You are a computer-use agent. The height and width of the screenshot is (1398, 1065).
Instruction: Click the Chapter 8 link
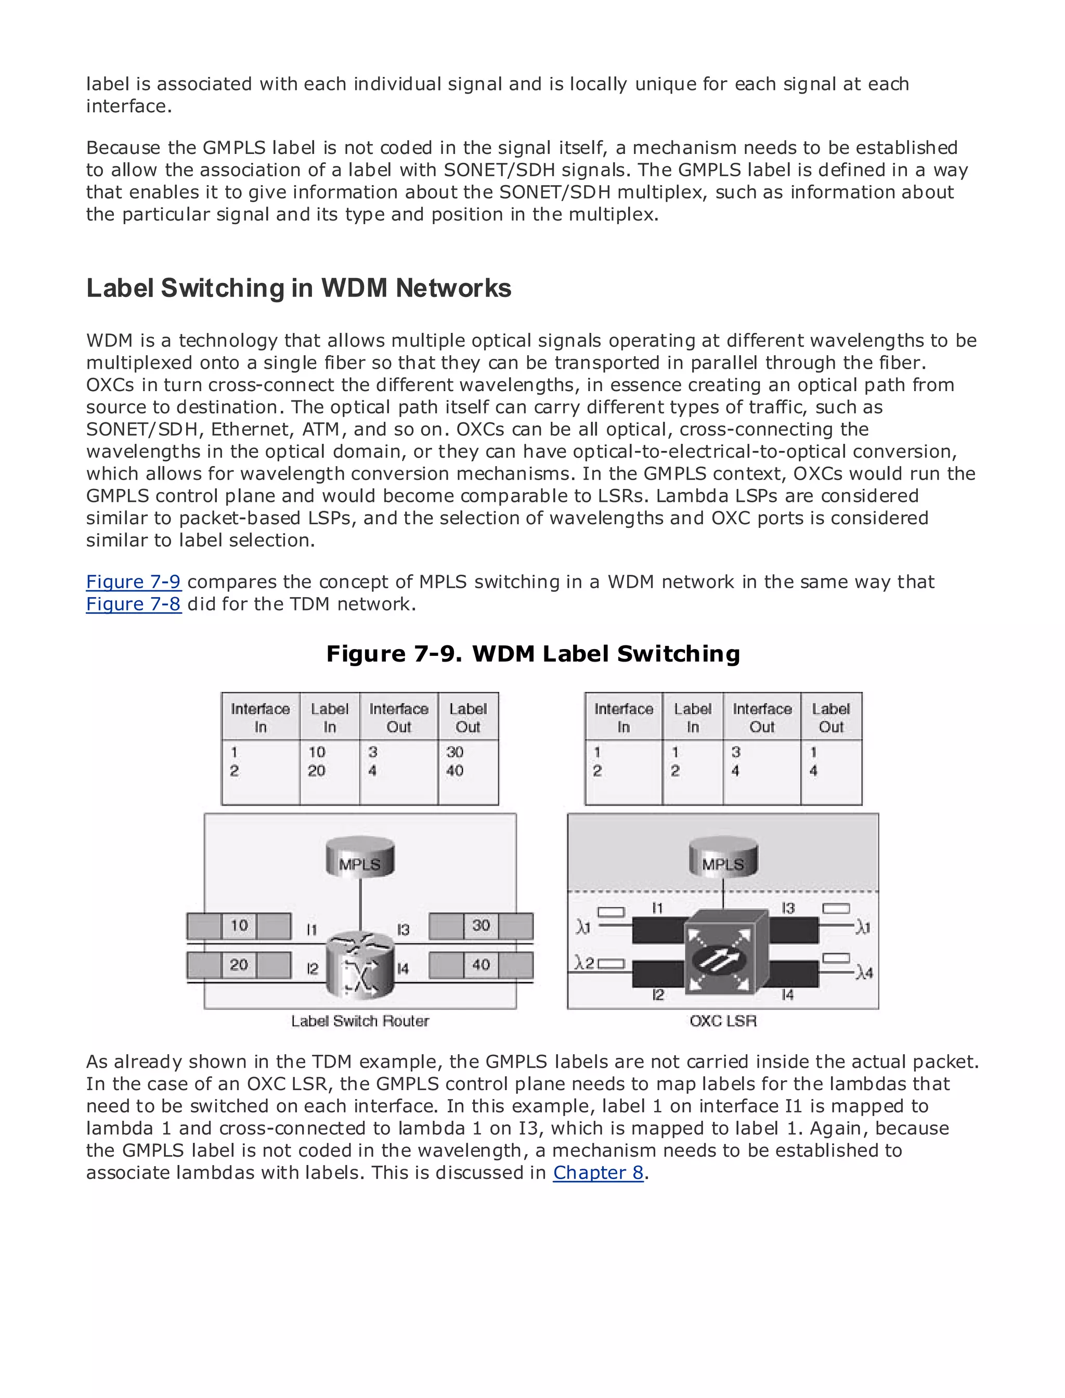598,1173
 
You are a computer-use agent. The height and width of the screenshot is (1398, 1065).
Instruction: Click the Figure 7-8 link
133,604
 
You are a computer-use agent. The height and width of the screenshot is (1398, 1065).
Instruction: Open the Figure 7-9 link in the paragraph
133,581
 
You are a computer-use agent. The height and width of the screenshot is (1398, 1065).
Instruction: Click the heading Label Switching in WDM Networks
298,289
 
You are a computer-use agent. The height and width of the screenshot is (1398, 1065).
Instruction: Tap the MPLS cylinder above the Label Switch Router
360,857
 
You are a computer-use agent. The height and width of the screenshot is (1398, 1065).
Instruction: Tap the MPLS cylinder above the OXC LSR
723,857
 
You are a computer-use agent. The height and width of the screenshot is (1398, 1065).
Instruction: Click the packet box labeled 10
239,926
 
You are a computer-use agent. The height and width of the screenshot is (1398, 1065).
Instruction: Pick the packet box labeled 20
239,965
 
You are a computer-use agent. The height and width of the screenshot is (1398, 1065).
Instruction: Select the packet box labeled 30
480,926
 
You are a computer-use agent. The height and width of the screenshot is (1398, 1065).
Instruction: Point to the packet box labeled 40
480,965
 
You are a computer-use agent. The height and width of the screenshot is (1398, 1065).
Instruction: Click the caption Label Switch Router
360,1021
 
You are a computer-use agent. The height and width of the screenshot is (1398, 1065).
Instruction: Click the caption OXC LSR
723,1021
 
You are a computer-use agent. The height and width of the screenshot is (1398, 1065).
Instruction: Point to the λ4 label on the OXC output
863,973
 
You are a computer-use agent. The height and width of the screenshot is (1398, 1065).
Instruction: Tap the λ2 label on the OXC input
584,963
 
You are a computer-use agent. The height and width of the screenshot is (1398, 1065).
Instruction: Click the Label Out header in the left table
468,718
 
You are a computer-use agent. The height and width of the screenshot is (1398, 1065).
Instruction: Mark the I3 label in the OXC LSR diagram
788,909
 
